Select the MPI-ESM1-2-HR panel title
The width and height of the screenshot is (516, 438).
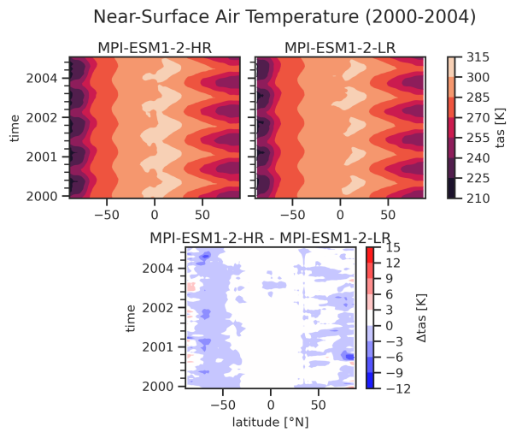pos(155,47)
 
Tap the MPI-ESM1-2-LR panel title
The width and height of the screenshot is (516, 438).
pos(340,47)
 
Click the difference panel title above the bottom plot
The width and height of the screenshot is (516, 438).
pos(270,237)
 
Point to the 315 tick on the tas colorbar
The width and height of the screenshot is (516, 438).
pos(475,57)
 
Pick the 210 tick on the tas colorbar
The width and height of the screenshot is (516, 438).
pos(475,198)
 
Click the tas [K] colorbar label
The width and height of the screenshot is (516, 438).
pos(501,127)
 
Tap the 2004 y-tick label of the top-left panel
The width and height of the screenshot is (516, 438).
pos(42,78)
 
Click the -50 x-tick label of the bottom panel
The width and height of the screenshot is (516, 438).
pos(223,404)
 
